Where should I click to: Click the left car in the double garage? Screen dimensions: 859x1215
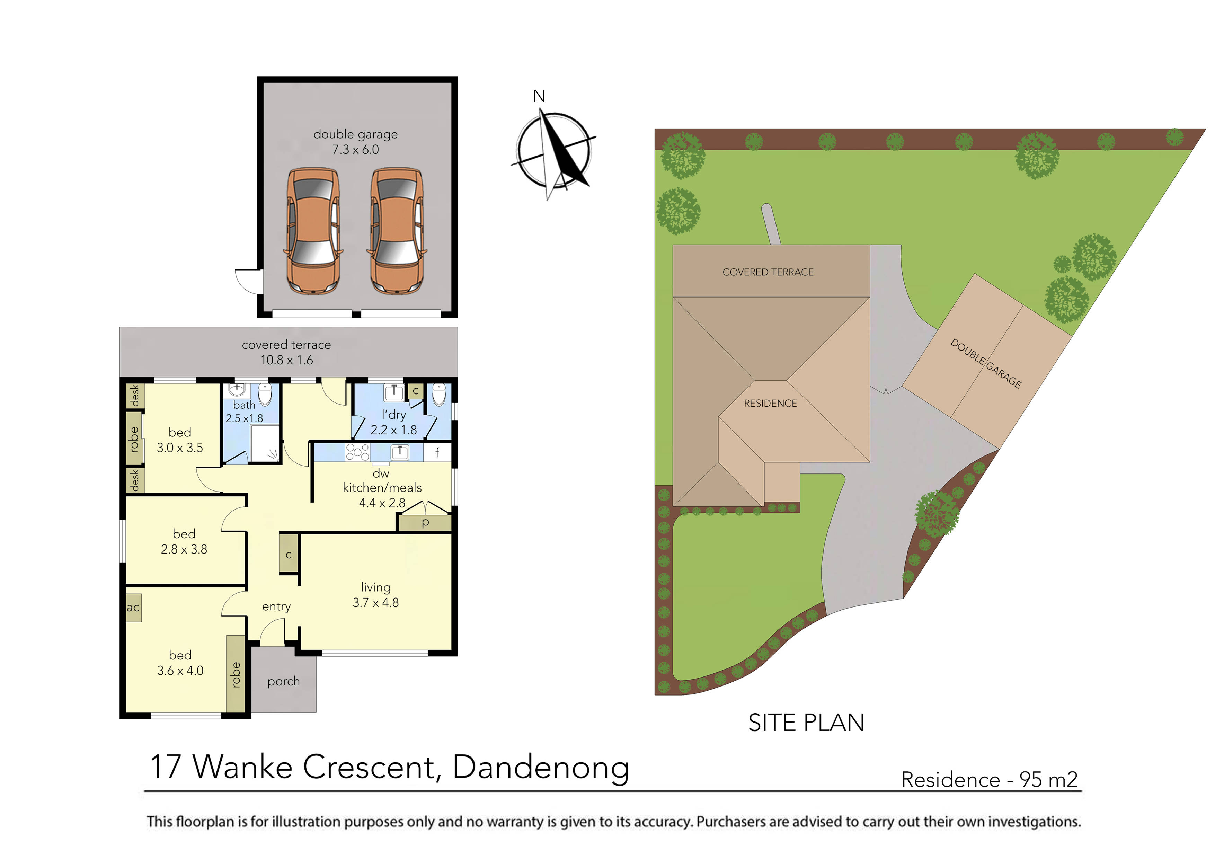coord(313,231)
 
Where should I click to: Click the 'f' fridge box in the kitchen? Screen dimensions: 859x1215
coord(437,452)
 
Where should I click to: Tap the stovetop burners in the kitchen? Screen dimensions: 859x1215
coord(357,452)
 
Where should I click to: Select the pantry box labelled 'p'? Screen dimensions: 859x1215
coord(425,523)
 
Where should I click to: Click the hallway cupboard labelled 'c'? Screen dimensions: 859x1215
coord(289,554)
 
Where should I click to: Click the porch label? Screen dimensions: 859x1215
coord(284,681)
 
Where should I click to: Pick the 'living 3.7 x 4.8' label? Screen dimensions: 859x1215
coord(376,595)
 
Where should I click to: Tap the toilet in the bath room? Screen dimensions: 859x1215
coord(265,394)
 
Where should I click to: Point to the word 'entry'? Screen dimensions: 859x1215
coord(276,606)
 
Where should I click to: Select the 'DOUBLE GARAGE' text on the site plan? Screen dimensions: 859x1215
coord(986,363)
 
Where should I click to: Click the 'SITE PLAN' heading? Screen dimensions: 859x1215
coord(806,723)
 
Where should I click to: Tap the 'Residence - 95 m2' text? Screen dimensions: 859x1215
coord(989,780)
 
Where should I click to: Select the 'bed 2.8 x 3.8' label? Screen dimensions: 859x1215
coord(184,541)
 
